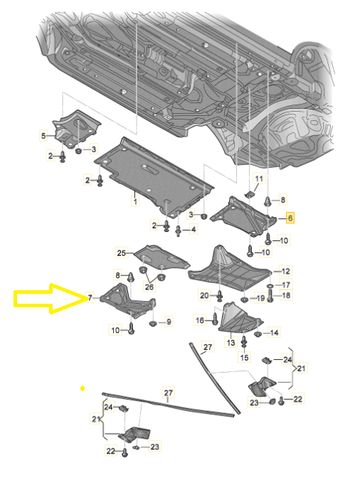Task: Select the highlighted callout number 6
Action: (290, 218)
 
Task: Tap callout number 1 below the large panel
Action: (135, 201)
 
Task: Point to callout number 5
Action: (43, 136)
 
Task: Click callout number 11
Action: (259, 179)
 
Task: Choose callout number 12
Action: (285, 271)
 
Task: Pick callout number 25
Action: (122, 253)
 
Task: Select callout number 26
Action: (149, 287)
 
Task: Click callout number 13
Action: (231, 342)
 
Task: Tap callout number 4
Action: (194, 229)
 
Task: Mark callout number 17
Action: (286, 285)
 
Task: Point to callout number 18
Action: (286, 295)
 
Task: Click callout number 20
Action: (204, 295)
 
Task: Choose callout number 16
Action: (200, 320)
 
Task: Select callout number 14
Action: (275, 333)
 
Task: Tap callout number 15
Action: (245, 357)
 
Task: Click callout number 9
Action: (169, 322)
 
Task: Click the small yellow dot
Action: (83, 388)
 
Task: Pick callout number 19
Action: (260, 298)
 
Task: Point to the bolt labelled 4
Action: (179, 230)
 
